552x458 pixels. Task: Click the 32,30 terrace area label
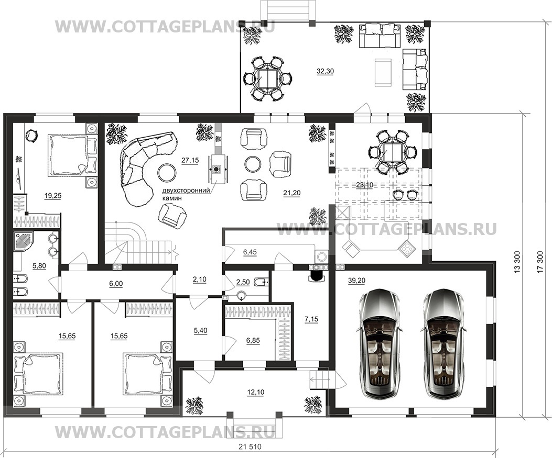click(x=325, y=71)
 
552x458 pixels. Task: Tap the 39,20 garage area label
click(x=356, y=281)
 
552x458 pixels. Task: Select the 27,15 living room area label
click(x=190, y=160)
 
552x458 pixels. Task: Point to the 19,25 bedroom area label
click(x=53, y=196)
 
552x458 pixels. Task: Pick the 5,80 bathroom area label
click(x=39, y=266)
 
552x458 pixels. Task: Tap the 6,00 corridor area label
click(x=116, y=283)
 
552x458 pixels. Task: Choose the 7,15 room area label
click(x=311, y=319)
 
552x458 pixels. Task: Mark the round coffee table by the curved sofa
click(x=167, y=172)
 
